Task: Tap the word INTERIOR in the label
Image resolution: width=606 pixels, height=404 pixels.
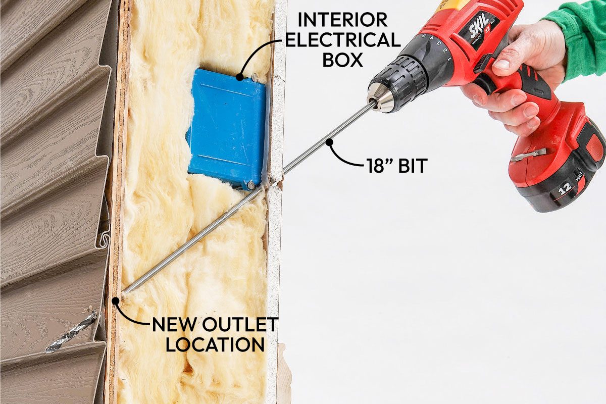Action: click(342, 20)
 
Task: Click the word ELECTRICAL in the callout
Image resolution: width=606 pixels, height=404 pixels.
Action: click(342, 40)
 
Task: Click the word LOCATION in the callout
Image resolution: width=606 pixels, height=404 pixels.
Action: click(215, 344)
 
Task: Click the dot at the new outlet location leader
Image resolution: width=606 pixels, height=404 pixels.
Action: click(116, 300)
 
